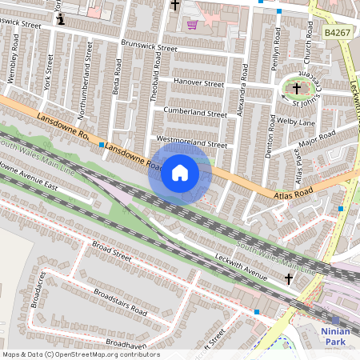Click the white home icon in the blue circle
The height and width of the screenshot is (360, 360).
pos(180,173)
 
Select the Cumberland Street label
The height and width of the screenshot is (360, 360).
pos(195,113)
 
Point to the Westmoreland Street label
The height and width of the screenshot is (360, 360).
pos(191,144)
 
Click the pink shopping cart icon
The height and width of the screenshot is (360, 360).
pos(192,25)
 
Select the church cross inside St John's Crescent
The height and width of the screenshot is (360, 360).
pos(297,88)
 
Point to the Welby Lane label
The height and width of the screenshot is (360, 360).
pos(296,122)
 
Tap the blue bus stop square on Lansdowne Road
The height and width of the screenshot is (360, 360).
pos(102,145)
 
